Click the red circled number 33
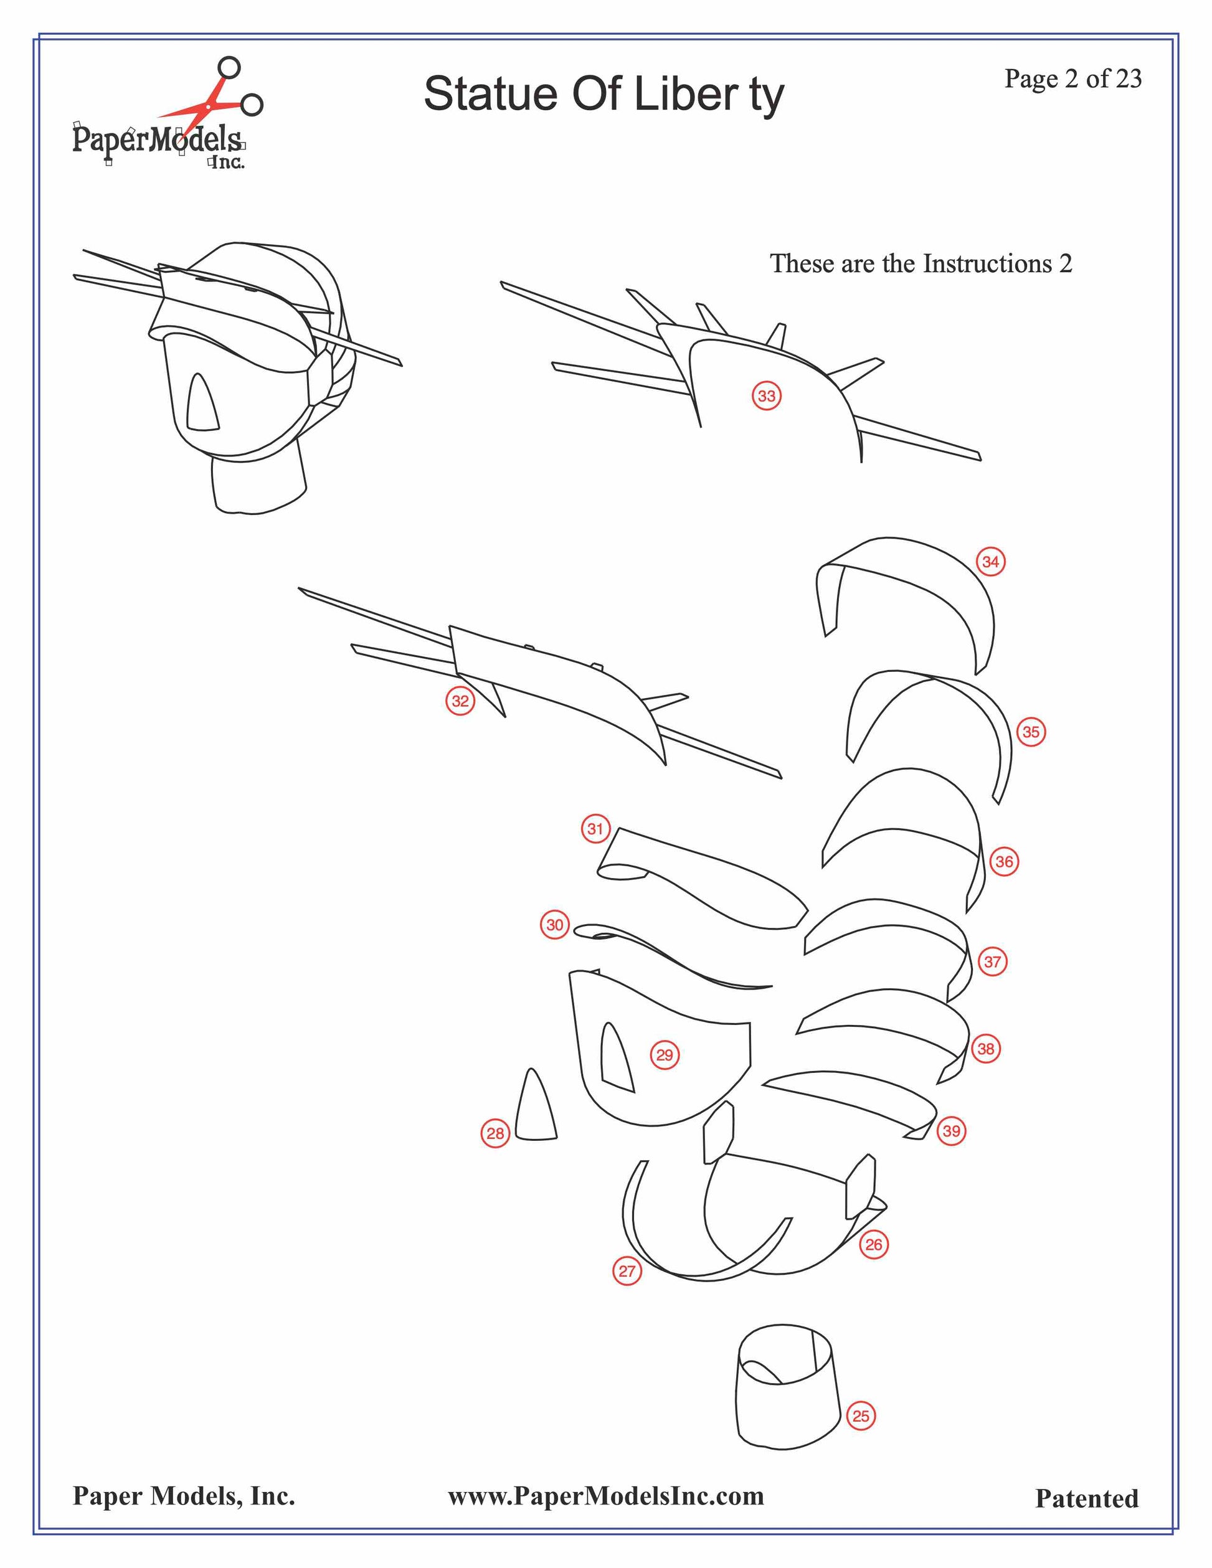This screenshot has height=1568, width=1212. pyautogui.click(x=767, y=395)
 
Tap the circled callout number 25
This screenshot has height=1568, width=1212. pyautogui.click(x=861, y=1416)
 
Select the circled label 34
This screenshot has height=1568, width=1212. pyautogui.click(x=991, y=562)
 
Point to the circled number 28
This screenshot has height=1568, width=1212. pyautogui.click(x=495, y=1133)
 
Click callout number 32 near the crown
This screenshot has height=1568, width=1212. pyautogui.click(x=460, y=701)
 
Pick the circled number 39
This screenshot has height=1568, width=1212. pyautogui.click(x=952, y=1131)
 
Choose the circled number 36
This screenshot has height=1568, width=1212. pyautogui.click(x=1005, y=862)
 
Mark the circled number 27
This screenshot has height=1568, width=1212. pyautogui.click(x=627, y=1271)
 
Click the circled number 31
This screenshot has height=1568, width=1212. pyautogui.click(x=595, y=829)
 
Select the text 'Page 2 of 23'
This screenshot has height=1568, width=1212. pyautogui.click(x=1072, y=78)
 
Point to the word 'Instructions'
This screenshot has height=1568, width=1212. pyautogui.click(x=987, y=263)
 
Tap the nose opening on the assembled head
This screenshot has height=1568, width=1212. pyautogui.click(x=202, y=404)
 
